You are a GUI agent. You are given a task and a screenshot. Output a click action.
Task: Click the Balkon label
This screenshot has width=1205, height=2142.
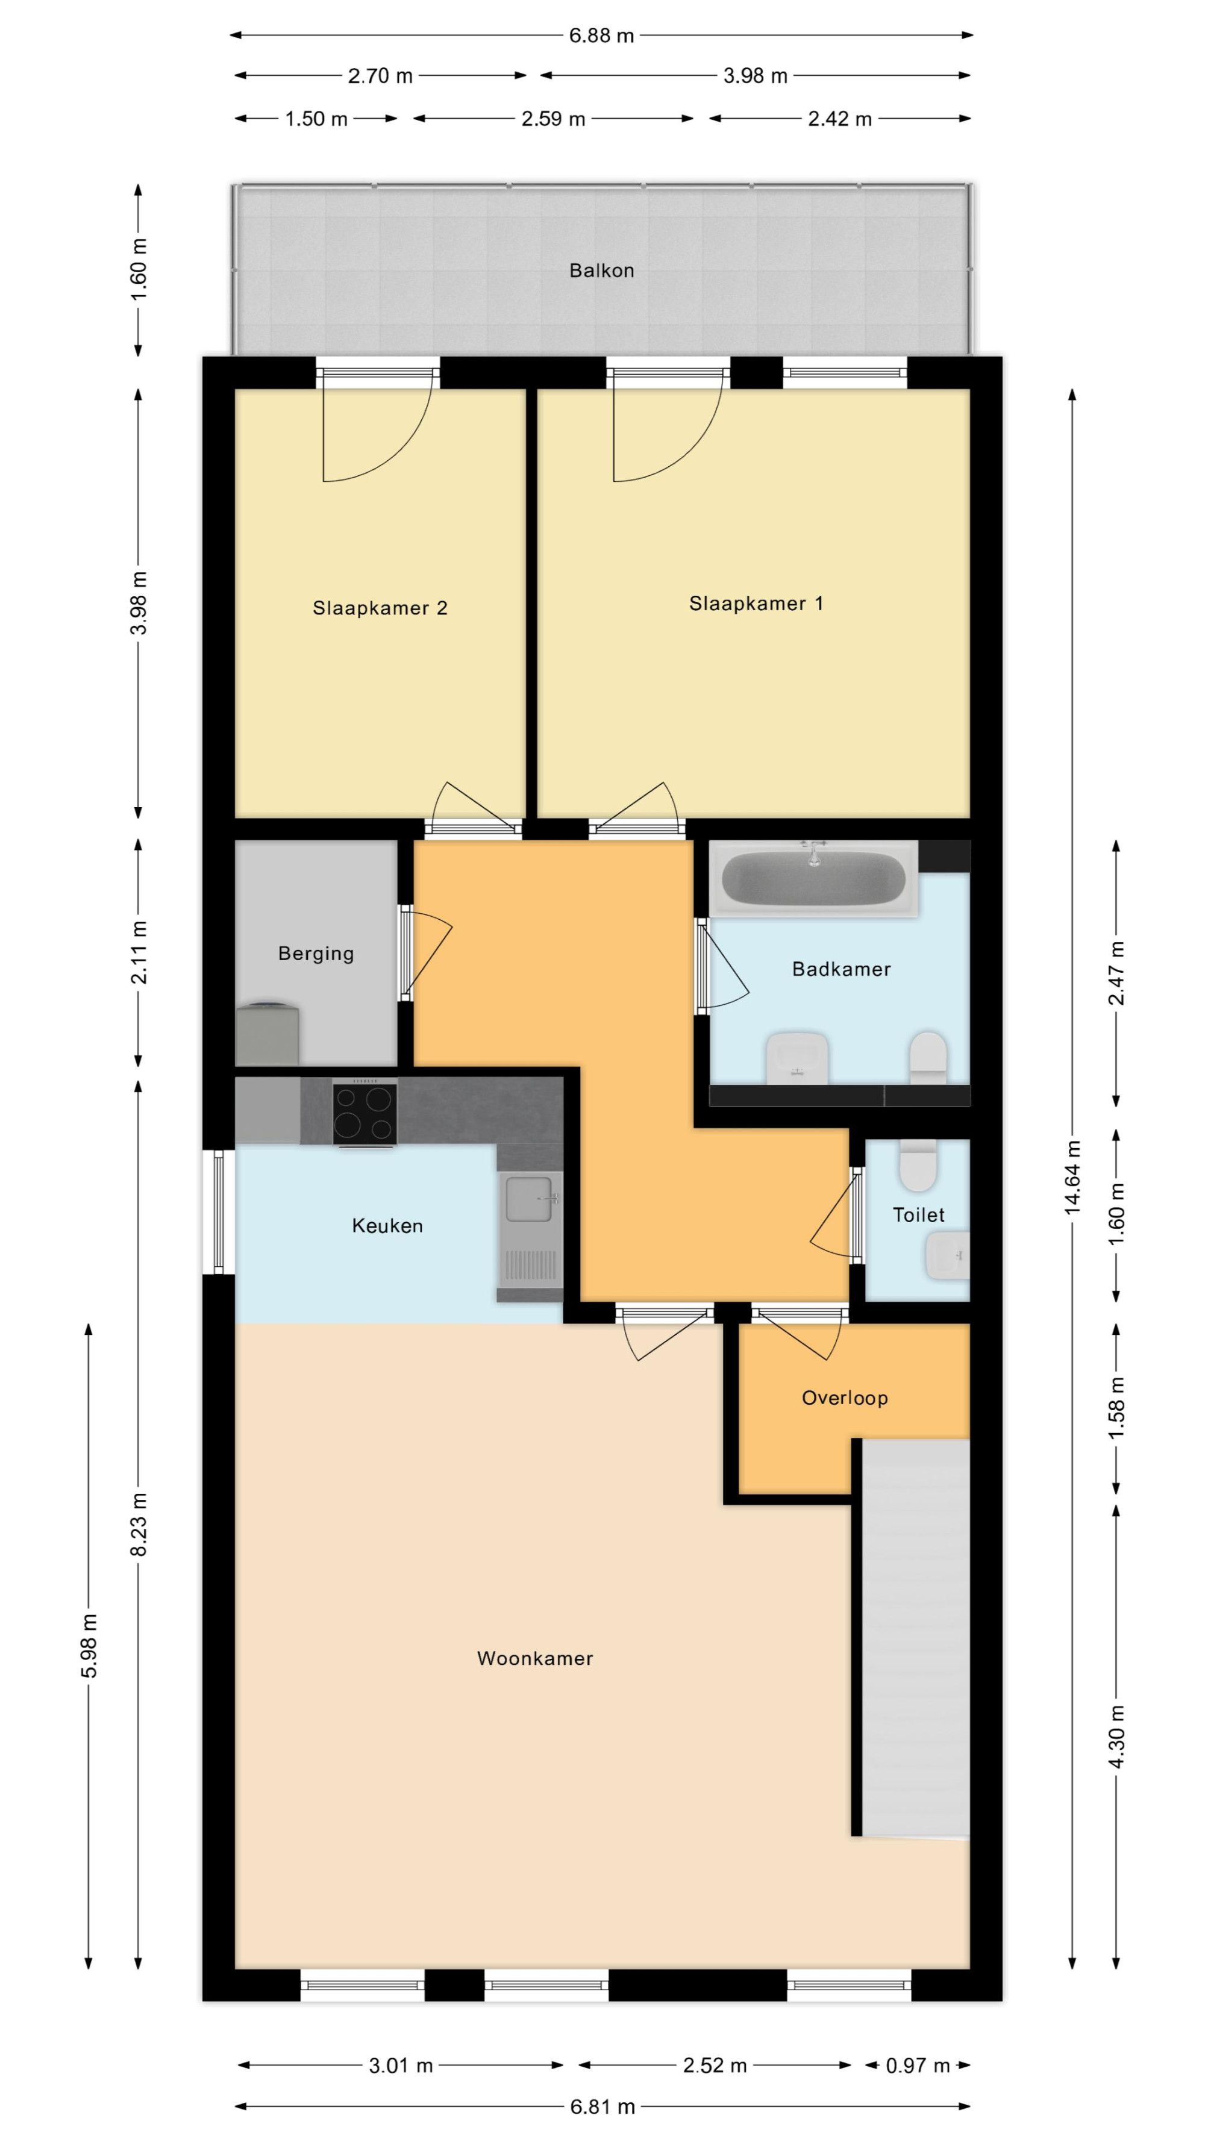click(x=601, y=270)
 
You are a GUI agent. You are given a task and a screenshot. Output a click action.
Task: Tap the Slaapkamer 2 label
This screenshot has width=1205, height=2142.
click(x=380, y=608)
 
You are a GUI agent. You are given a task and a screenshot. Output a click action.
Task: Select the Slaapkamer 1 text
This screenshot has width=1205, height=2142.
click(x=756, y=604)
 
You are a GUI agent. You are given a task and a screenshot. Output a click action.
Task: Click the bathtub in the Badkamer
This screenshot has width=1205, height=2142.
click(x=813, y=879)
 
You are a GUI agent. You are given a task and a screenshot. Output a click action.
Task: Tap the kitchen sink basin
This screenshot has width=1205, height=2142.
click(x=530, y=1198)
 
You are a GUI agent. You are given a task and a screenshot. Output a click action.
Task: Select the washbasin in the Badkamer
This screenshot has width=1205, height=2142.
click(x=797, y=1058)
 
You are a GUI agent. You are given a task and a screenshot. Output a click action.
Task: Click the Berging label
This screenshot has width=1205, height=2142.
click(x=316, y=954)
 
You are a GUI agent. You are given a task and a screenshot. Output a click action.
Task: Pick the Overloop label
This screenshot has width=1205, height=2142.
click(x=845, y=1398)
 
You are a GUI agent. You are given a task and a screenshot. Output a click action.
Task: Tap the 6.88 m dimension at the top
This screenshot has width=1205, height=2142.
click(x=601, y=36)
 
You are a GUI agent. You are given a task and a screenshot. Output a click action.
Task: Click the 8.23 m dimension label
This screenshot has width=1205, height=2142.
click(x=139, y=1524)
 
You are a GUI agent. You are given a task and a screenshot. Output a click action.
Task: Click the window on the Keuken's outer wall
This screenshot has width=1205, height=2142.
click(x=219, y=1211)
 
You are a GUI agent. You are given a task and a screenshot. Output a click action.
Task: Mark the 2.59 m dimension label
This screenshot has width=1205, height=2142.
click(x=553, y=119)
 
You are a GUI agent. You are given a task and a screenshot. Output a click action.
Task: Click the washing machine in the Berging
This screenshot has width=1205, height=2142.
click(x=267, y=1034)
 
